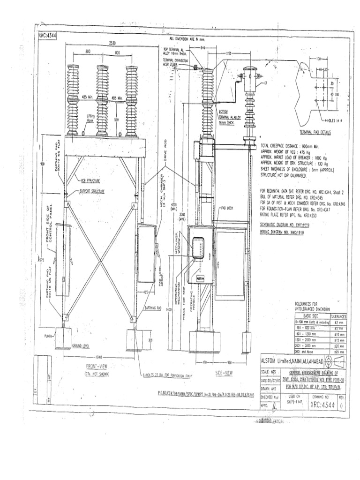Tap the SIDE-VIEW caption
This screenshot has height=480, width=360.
click(x=224, y=373)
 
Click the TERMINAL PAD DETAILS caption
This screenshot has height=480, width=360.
click(x=312, y=132)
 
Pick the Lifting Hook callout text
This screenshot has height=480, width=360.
click(x=90, y=117)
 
